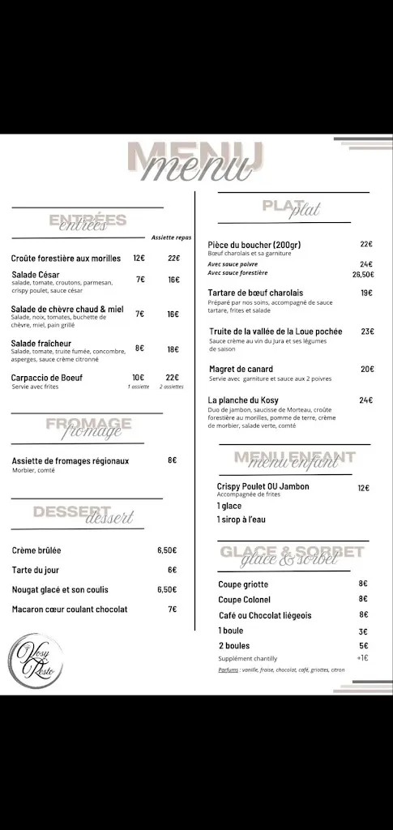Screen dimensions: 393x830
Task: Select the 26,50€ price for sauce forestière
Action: pos(362,274)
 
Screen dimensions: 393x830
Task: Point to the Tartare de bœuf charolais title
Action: pos(255,293)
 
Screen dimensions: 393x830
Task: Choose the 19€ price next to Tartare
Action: pos(366,293)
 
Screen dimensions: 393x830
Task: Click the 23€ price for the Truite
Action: pos(366,332)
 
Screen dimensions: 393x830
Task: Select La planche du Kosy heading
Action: pos(244,400)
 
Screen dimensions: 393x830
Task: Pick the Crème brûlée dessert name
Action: pos(36,550)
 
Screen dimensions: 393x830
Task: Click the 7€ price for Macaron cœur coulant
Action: pos(172,609)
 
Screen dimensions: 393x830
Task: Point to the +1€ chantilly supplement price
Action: pos(362,657)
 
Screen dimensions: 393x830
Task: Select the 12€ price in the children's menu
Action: pos(363,488)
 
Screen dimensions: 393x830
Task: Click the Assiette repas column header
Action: pos(171,237)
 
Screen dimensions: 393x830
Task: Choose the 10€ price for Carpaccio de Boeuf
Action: pos(139,377)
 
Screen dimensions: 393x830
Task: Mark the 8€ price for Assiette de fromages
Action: pos(172,460)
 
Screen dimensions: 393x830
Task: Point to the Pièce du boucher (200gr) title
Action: pos(254,245)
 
